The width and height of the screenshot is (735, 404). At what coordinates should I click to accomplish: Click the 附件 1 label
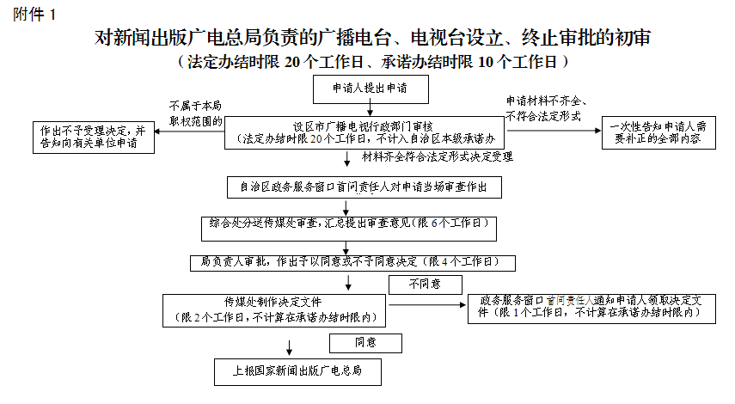[x=34, y=14]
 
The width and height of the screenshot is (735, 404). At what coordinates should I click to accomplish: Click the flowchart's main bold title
[x=372, y=39]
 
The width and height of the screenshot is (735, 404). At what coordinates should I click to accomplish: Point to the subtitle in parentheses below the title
[x=371, y=62]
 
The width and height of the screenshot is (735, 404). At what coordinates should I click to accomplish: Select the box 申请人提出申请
[x=370, y=88]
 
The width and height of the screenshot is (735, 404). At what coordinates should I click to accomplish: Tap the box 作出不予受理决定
[x=94, y=136]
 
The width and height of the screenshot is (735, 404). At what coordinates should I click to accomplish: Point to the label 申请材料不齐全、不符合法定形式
[x=544, y=107]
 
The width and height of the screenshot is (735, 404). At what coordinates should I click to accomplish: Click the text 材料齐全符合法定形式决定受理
[x=437, y=157]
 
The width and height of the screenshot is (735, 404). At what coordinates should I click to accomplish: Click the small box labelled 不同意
[x=425, y=285]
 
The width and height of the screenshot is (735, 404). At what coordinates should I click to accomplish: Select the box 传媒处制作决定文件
[x=275, y=310]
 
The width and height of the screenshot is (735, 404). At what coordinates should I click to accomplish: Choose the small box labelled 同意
[x=366, y=343]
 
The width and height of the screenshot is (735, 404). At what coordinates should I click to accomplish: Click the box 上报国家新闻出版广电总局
[x=297, y=371]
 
